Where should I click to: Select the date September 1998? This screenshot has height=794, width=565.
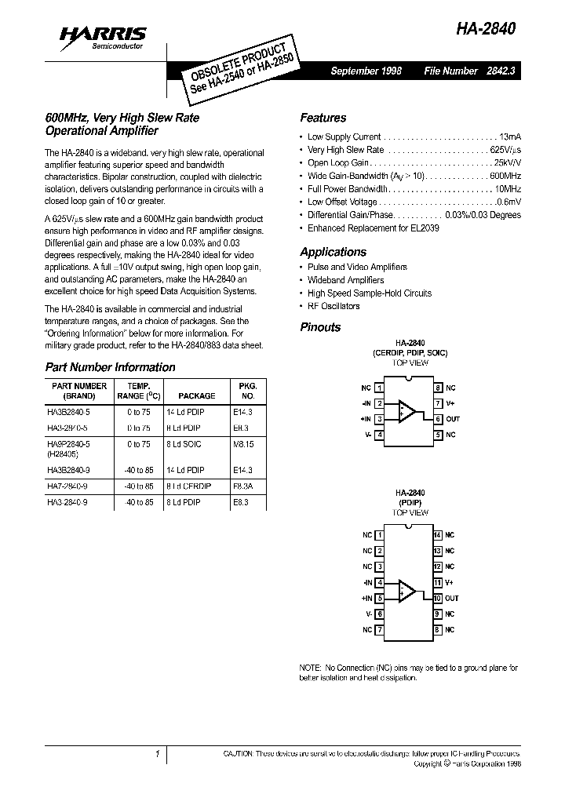tap(366, 71)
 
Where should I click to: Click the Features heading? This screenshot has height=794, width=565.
tap(323, 118)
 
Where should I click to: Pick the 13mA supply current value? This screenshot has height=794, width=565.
tap(509, 137)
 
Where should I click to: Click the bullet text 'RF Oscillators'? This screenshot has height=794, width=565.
tap(334, 306)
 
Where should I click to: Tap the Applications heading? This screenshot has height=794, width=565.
tap(333, 252)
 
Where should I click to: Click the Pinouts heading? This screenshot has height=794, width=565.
tap(320, 327)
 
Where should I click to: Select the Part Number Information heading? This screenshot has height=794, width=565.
tap(110, 367)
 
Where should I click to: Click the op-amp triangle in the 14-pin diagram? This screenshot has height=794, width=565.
tap(407, 591)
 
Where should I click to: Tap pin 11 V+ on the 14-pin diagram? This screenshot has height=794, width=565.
tap(443, 583)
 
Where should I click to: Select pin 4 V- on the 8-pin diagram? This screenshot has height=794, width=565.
tap(373, 435)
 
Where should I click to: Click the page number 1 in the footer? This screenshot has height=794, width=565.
tap(157, 754)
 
